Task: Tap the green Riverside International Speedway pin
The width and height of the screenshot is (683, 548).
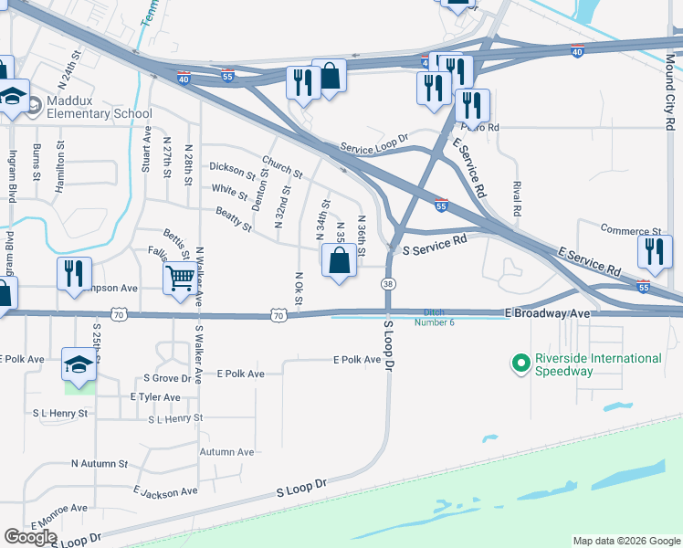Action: (x=521, y=365)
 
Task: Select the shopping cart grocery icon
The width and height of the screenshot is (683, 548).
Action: (x=182, y=279)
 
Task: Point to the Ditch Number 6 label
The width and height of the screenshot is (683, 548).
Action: (x=434, y=317)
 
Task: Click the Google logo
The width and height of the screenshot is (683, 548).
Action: (x=30, y=537)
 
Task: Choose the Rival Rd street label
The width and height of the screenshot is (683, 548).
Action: (x=517, y=197)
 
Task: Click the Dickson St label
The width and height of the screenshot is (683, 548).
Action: (x=232, y=169)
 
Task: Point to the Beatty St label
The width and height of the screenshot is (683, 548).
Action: (x=234, y=219)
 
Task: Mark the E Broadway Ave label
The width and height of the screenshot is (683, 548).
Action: (x=549, y=312)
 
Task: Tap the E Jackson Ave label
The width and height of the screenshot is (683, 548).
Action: (x=164, y=492)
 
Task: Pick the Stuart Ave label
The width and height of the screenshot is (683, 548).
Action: (x=146, y=146)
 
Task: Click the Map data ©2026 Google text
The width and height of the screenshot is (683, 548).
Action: (x=625, y=541)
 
